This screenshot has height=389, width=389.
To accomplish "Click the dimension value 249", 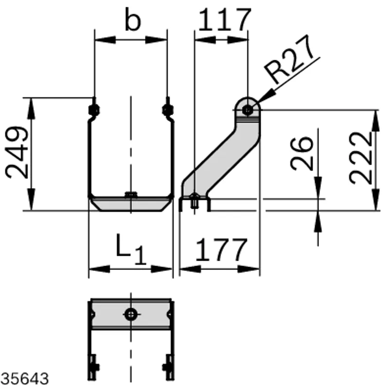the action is (x=17, y=153).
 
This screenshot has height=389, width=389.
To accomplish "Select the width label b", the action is (x=133, y=19).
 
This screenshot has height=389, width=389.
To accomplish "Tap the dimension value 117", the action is (x=225, y=19).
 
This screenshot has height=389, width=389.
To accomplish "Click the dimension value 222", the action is (x=360, y=159).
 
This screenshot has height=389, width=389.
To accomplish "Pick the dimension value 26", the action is (x=301, y=154).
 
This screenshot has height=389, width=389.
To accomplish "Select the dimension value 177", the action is (x=222, y=249).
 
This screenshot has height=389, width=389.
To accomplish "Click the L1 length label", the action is (x=131, y=249).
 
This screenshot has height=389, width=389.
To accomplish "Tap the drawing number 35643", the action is (x=25, y=379).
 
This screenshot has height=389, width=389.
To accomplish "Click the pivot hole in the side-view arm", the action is (x=248, y=110).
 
